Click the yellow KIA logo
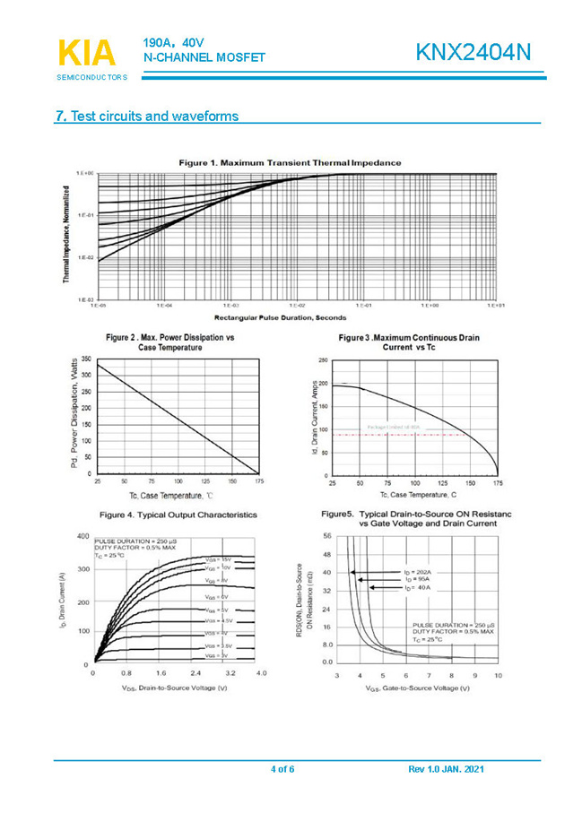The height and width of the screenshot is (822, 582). tap(86, 53)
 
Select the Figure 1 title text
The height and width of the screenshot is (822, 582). tap(290, 162)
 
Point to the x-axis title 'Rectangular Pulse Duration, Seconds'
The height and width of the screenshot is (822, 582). tap(281, 317)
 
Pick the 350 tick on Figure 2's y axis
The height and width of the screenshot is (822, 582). tap(86, 359)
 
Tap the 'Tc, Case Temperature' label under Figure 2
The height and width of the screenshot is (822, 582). tap(171, 495)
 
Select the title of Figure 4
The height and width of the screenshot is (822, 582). tap(178, 515)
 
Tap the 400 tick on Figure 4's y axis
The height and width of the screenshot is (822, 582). tap(83, 536)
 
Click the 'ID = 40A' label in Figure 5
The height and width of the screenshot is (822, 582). tap(416, 587)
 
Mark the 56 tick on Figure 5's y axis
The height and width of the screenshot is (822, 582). tap(326, 535)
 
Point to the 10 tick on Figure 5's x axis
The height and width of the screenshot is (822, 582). tap(499, 674)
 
